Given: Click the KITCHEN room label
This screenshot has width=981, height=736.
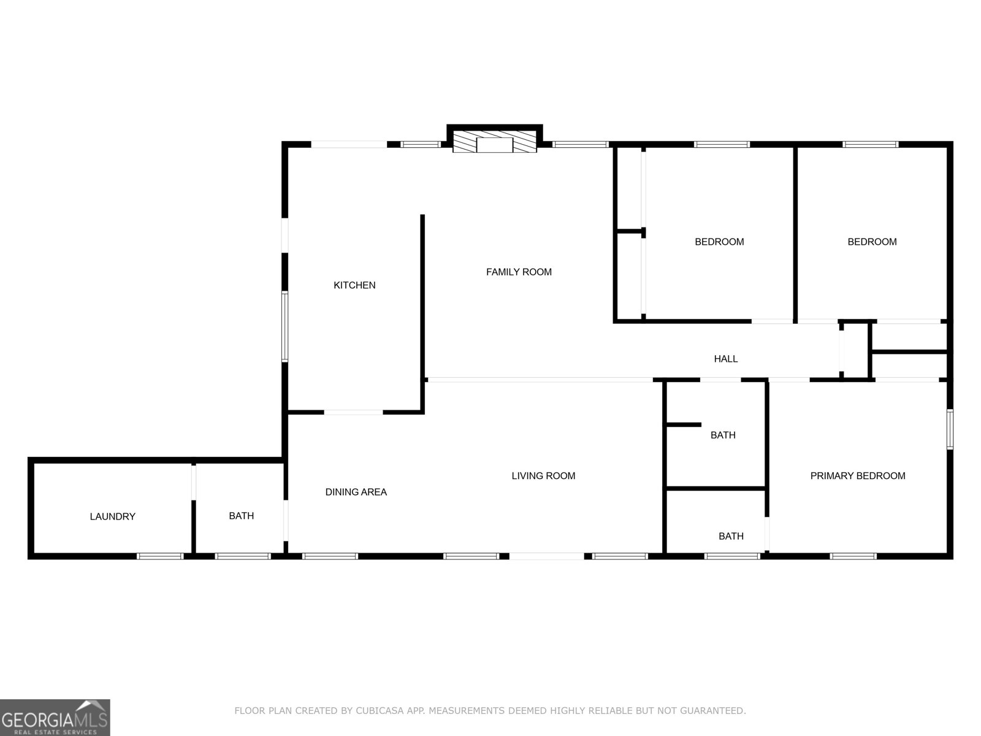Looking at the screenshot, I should [x=354, y=285].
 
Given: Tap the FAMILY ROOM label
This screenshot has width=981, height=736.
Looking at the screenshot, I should [x=519, y=272].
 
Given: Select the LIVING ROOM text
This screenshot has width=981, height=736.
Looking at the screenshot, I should [x=543, y=475].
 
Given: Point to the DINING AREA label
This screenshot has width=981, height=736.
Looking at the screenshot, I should [x=356, y=492].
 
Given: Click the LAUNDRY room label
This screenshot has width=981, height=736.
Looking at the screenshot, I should [x=112, y=516].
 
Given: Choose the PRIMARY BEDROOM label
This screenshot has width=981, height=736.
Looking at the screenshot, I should [x=858, y=475].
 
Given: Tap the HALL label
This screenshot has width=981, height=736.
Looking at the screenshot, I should [x=725, y=359].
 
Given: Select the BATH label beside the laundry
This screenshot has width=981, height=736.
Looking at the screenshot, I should [x=241, y=516].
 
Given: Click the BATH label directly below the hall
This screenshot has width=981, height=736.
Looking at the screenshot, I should [x=723, y=435].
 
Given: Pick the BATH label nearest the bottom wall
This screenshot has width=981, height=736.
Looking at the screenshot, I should [x=731, y=536].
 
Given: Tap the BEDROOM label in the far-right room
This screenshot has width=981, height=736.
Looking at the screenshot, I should [x=872, y=242].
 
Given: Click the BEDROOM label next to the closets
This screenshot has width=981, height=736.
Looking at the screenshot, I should [x=719, y=242].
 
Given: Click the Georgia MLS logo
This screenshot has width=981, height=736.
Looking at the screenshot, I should [x=55, y=717].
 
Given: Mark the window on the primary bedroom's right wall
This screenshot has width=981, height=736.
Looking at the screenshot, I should [x=950, y=429].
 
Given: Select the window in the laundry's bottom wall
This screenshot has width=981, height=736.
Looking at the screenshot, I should [x=160, y=556].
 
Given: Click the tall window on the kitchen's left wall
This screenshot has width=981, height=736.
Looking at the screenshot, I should [x=285, y=326].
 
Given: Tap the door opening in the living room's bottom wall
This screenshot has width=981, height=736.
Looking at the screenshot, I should [x=546, y=556].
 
